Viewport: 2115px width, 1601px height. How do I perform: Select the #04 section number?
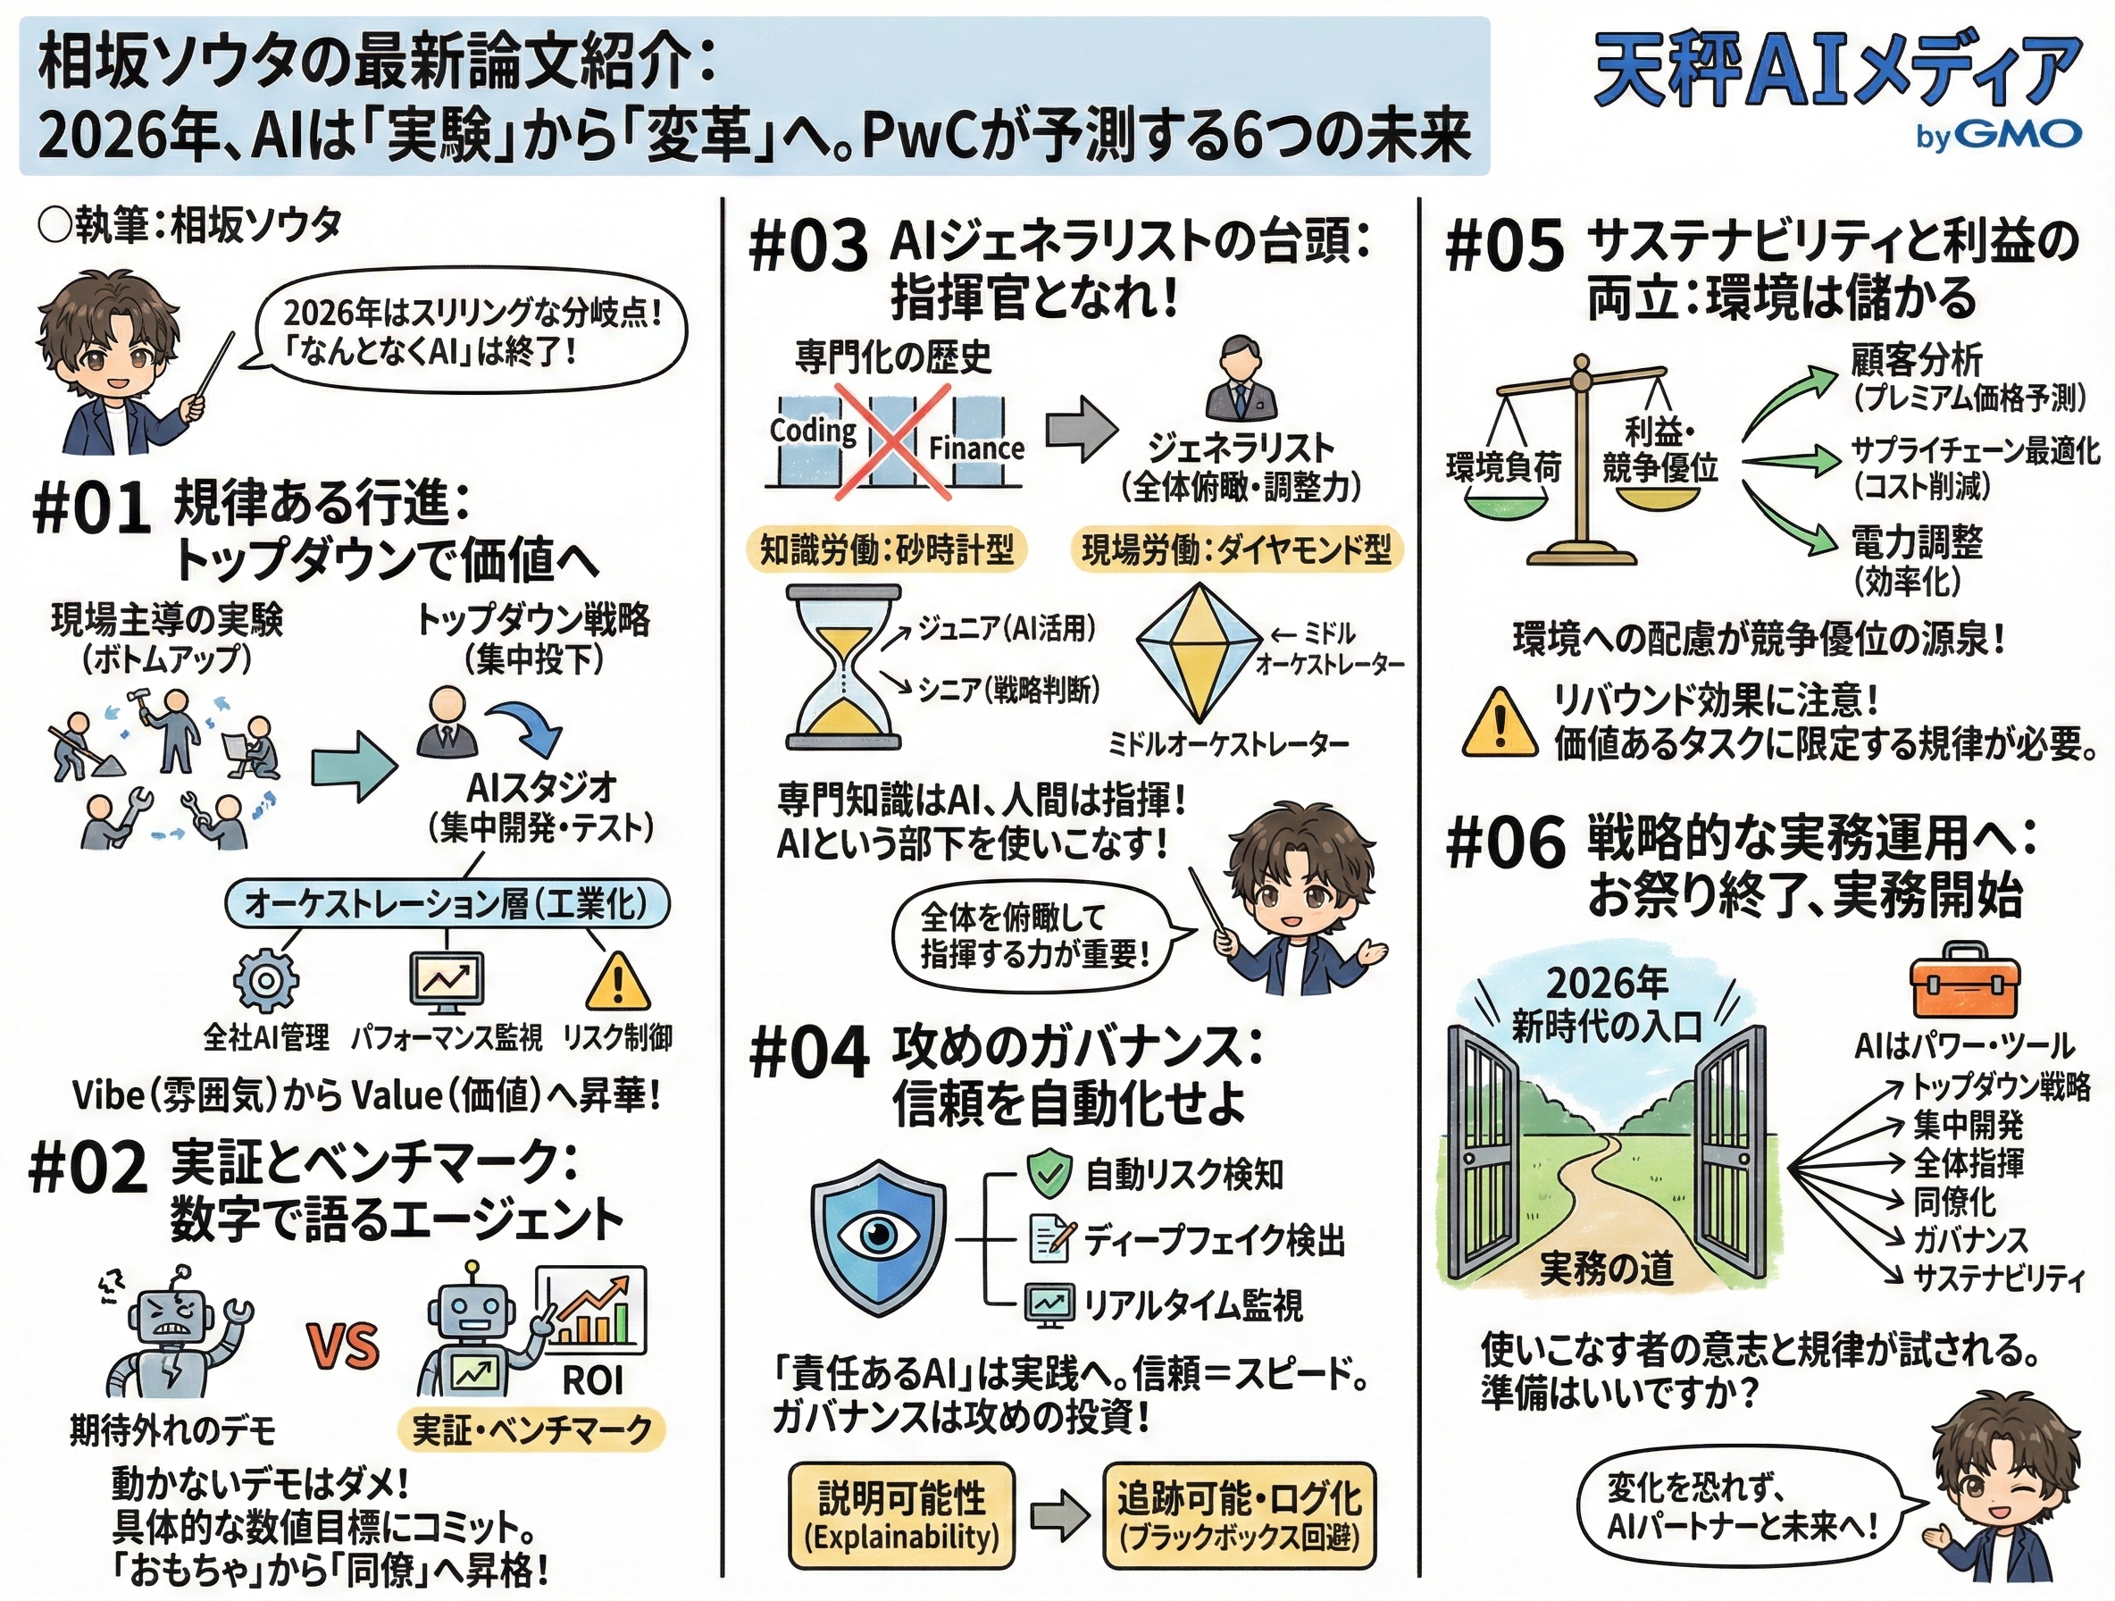809,1053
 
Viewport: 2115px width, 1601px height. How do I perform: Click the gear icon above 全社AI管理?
266,980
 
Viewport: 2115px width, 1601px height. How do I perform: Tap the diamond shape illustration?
1195,650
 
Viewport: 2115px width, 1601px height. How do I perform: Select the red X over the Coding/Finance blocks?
893,442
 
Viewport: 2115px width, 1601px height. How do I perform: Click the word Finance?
976,448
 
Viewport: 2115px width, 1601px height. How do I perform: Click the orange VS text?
342,1345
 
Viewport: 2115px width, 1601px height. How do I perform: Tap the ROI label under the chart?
592,1379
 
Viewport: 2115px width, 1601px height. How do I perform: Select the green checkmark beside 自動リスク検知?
1049,1173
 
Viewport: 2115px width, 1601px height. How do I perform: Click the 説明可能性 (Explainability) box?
900,1515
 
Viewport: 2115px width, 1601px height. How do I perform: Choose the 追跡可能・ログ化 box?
1239,1515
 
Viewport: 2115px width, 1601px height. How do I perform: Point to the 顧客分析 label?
1916,360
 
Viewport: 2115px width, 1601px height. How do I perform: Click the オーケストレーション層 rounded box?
447,903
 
